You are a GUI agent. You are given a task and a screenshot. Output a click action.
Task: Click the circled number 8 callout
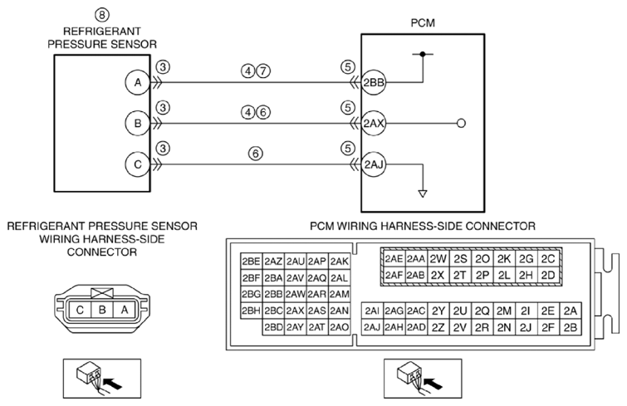tap(102, 15)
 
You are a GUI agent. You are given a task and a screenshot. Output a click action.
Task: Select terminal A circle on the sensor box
tap(138, 82)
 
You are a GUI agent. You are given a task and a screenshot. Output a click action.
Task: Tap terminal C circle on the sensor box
tap(138, 164)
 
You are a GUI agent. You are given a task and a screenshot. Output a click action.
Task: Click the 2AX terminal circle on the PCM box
tap(374, 124)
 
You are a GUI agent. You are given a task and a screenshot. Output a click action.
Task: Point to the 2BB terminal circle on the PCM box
tap(374, 82)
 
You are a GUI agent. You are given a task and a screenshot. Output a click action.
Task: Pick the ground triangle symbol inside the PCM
tap(423, 193)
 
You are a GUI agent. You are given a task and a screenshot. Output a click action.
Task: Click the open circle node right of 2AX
tap(461, 124)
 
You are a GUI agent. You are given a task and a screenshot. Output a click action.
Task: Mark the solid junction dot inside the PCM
tap(423, 53)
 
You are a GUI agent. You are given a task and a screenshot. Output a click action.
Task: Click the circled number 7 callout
tap(262, 71)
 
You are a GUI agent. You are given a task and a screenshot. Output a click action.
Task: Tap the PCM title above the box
tap(423, 22)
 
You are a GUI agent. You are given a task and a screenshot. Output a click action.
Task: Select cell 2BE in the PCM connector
tap(251, 262)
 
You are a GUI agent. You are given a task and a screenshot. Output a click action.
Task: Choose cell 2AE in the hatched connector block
tap(394, 259)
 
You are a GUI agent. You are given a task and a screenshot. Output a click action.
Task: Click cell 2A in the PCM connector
tap(571, 311)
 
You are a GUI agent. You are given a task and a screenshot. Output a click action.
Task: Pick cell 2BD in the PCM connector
tap(273, 327)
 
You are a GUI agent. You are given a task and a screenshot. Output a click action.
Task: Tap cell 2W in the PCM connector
tap(438, 259)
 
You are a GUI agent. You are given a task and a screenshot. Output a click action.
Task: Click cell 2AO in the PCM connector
tap(340, 327)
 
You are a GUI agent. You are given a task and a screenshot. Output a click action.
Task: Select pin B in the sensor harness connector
tap(102, 310)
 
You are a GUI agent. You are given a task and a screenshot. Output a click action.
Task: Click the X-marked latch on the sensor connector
tap(102, 293)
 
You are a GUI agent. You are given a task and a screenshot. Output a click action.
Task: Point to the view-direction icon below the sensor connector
tap(102, 379)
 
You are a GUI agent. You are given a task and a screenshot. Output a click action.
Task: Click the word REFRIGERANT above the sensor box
tap(102, 32)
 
